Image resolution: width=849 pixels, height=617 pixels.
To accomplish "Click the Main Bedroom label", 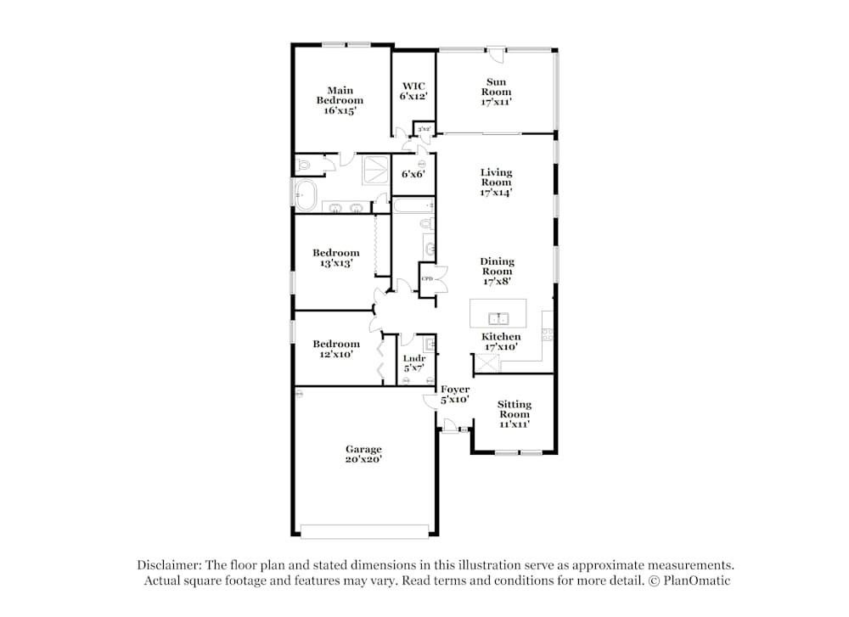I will point(340,100).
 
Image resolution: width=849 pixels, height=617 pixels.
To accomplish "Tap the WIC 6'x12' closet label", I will point(413,91).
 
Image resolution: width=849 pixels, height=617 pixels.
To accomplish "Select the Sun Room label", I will point(497,92).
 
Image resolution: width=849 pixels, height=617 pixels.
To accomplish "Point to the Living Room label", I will point(497,182).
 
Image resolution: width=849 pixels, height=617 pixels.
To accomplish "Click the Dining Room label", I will point(497,272).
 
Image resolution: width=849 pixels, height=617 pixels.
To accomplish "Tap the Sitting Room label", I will point(514,414).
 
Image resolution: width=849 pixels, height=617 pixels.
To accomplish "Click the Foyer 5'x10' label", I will point(455,394).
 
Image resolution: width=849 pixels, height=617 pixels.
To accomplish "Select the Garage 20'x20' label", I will point(363,454).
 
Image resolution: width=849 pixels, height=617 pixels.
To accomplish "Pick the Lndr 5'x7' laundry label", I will point(413,363).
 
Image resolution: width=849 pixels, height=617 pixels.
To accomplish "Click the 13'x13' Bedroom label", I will point(336,258).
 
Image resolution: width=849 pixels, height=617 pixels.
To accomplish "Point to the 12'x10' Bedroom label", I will point(336,349).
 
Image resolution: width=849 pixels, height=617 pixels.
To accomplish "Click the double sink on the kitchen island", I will point(498,319).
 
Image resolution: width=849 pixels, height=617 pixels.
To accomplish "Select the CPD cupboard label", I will point(427,279).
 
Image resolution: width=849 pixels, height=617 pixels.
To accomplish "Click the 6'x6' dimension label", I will point(413,174).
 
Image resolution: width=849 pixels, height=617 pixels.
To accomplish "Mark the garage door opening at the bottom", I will point(365,532).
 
